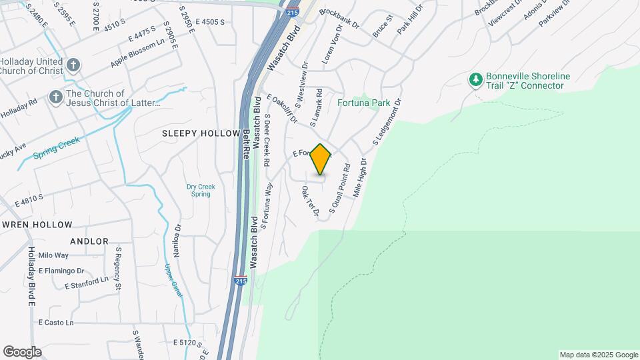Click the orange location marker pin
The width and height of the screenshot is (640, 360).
click(321, 159)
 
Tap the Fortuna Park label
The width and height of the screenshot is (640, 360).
click(363, 103)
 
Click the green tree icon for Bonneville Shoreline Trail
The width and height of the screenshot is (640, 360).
click(475, 81)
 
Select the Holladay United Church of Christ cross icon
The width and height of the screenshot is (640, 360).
click(73, 65)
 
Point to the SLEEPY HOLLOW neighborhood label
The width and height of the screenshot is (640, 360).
click(201, 133)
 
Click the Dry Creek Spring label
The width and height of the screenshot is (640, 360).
click(200, 190)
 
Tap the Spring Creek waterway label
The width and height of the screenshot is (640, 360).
click(57, 149)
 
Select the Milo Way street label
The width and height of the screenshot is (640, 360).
click(53, 255)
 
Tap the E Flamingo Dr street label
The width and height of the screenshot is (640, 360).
click(61, 271)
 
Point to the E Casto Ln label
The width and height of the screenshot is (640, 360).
click(55, 323)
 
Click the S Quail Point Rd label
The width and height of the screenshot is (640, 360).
click(339, 193)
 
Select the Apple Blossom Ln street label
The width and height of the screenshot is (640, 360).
click(137, 51)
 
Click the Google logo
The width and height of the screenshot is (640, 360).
click(22, 352)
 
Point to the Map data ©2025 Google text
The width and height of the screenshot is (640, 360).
click(598, 355)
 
